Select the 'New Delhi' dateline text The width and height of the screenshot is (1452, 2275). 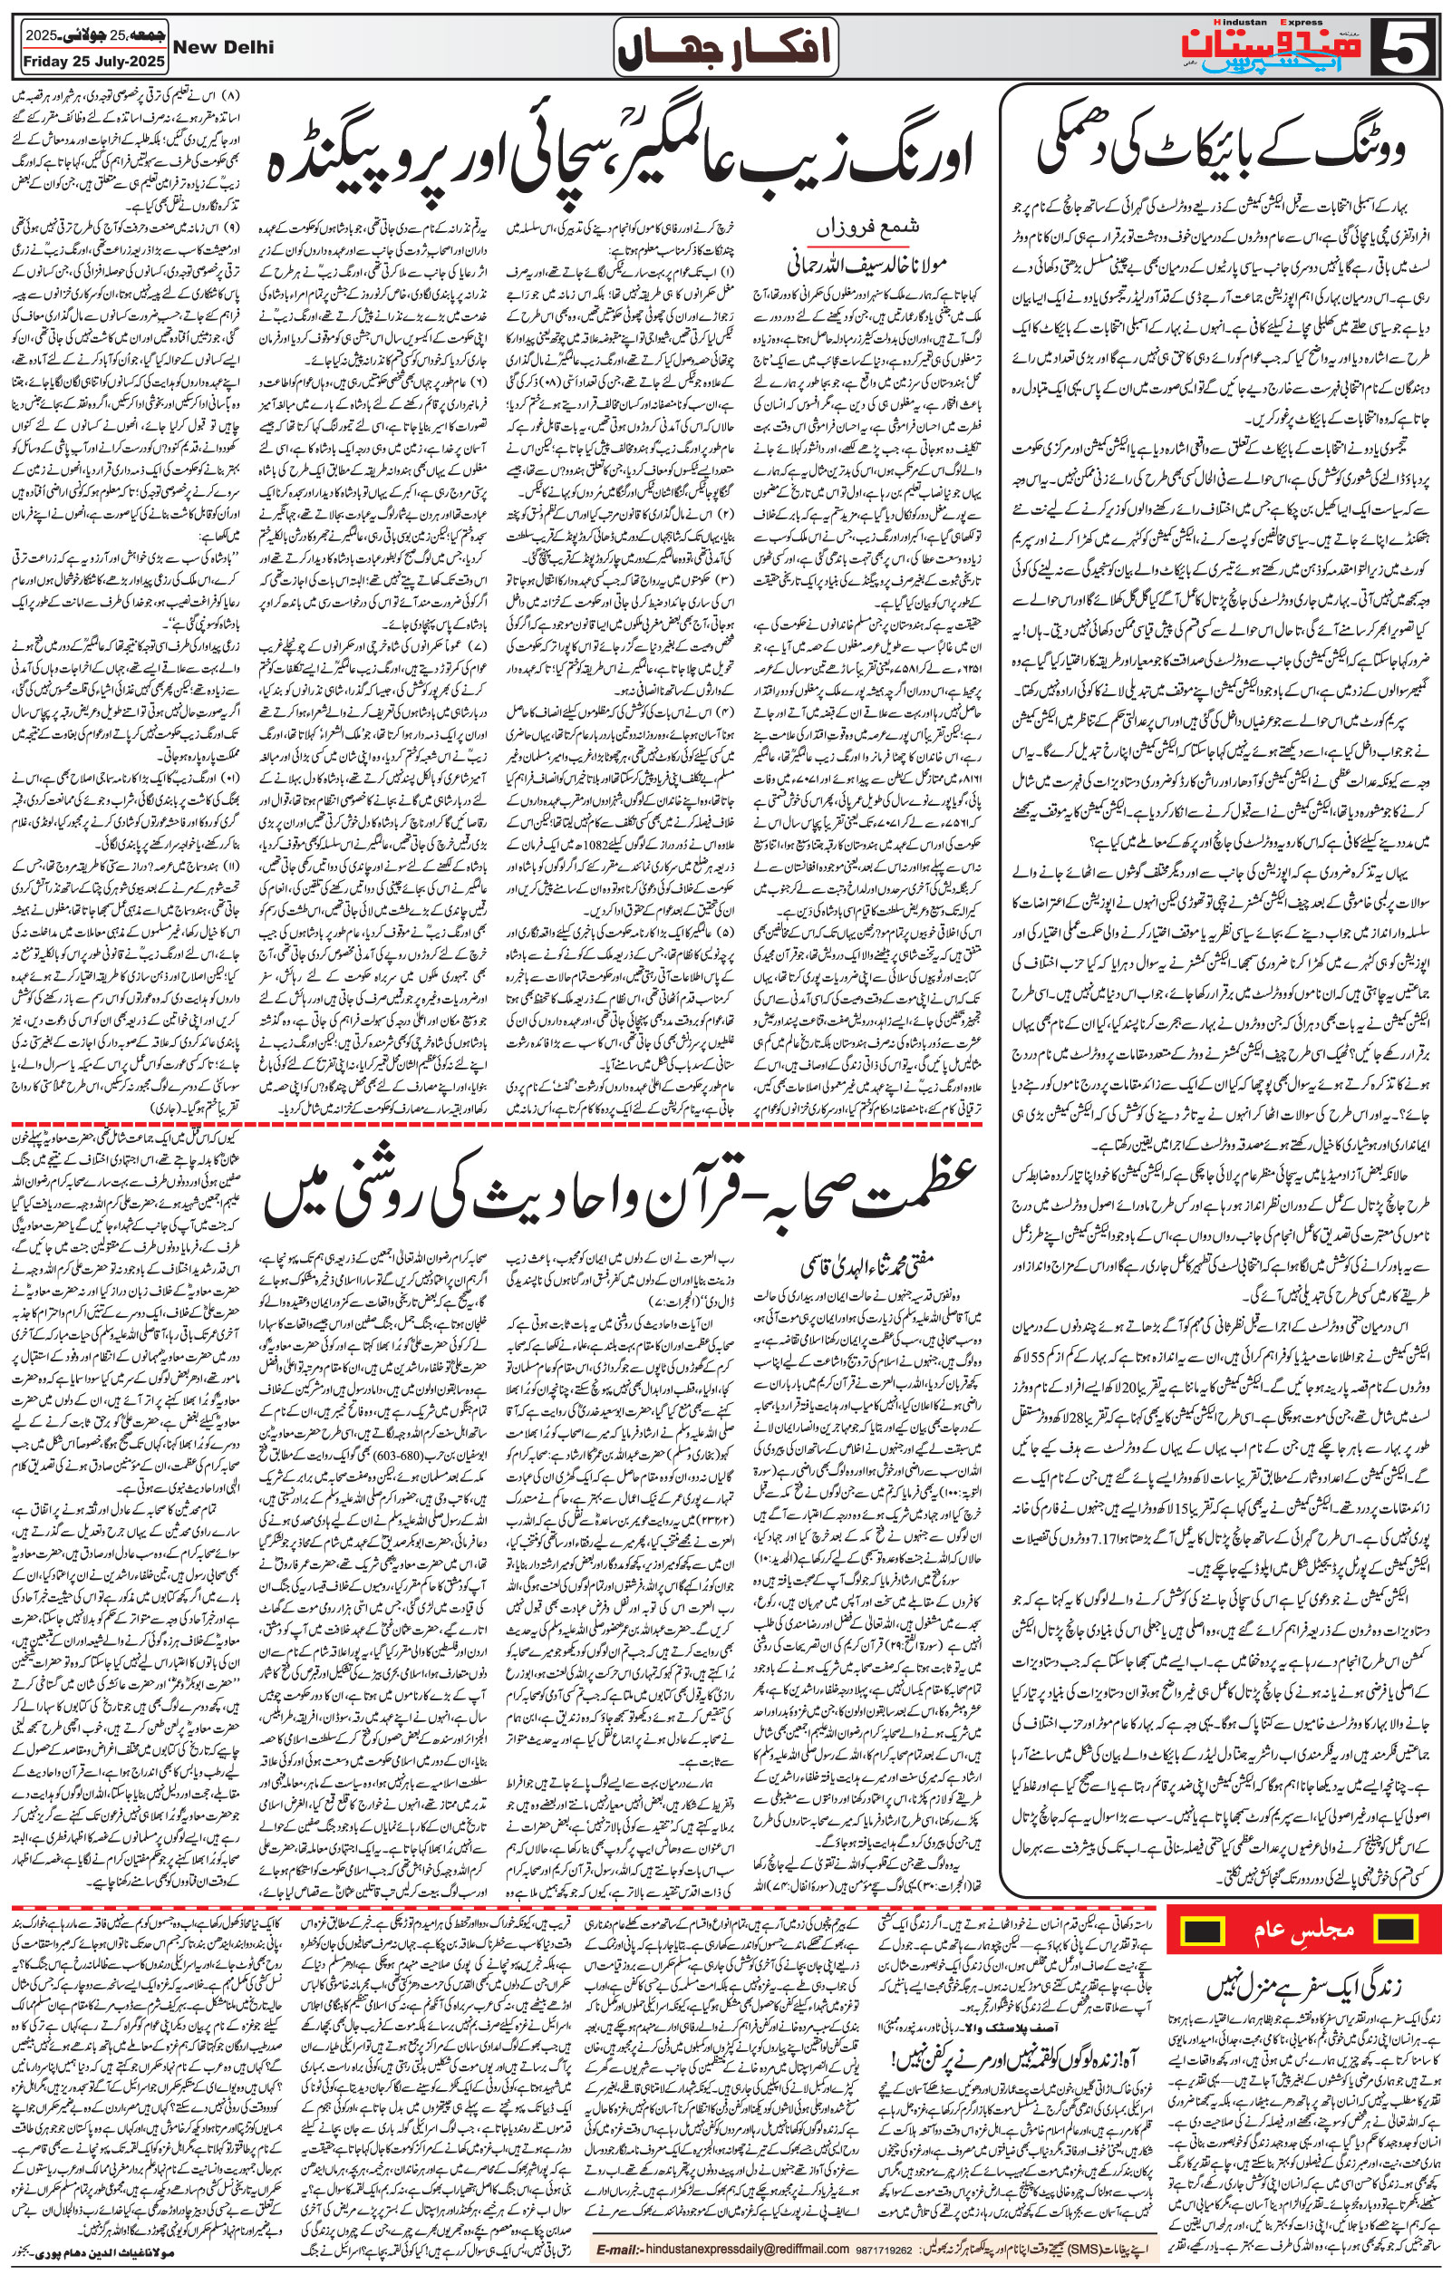tap(224, 46)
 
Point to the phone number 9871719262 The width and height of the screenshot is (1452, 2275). tap(885, 2249)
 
